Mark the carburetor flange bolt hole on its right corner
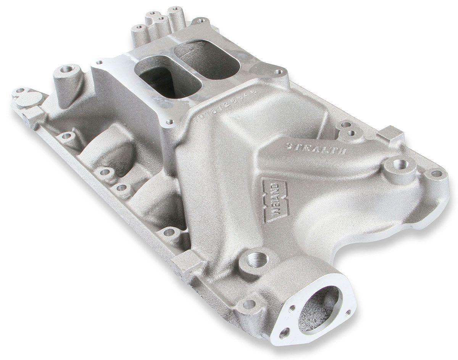click(280, 71)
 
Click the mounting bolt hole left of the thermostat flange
click(248, 304)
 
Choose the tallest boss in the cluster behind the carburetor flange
click(176, 15)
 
